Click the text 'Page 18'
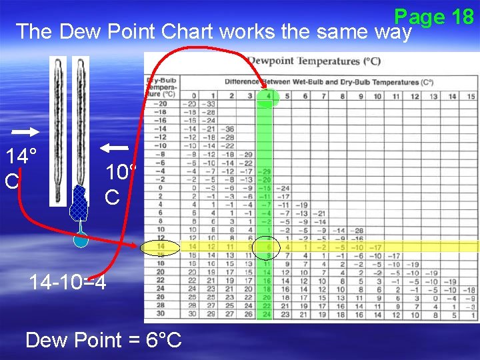pos(433,16)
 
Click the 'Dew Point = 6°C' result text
pos(103,340)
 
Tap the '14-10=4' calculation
pos(67,282)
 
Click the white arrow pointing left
pos(115,147)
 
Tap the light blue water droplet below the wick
pos(81,239)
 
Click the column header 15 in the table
pos(471,97)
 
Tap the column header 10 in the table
pos(377,97)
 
